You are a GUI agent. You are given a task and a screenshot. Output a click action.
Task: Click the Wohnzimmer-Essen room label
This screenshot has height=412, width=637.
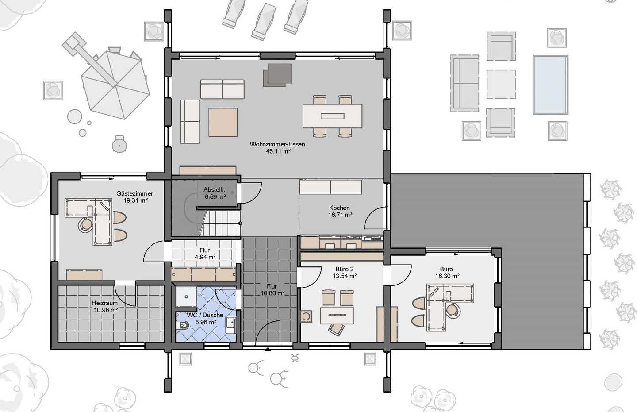[277, 144]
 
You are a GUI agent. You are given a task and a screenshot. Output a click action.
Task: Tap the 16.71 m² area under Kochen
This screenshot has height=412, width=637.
[341, 215]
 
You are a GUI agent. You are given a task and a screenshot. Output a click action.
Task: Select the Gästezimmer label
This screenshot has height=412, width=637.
[134, 193]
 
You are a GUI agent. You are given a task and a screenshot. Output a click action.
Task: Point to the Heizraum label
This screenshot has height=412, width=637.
[104, 303]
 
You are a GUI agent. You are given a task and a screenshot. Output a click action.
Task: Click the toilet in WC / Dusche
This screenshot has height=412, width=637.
[182, 325]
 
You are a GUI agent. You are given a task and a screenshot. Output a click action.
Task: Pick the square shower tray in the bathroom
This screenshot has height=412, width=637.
[186, 297]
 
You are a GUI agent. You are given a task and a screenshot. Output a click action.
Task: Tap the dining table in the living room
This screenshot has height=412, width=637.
[333, 116]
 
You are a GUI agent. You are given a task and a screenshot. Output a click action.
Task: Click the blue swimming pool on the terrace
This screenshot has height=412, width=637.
[551, 85]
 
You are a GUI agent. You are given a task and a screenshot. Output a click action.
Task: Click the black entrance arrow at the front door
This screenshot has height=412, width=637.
[267, 350]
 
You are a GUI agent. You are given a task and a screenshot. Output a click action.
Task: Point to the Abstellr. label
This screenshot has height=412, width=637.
[215, 189]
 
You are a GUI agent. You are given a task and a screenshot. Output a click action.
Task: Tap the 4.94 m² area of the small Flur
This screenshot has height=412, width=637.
[205, 257]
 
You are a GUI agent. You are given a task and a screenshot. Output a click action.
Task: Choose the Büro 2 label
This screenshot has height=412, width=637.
[344, 269]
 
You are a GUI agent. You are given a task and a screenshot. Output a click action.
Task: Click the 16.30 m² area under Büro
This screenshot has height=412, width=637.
[447, 276]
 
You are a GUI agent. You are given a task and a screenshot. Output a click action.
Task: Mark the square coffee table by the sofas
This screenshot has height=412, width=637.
[223, 122]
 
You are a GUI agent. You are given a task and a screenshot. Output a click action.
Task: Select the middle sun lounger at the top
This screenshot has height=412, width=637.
[263, 22]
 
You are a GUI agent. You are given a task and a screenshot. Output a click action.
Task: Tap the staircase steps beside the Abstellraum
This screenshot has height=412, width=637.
[220, 223]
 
